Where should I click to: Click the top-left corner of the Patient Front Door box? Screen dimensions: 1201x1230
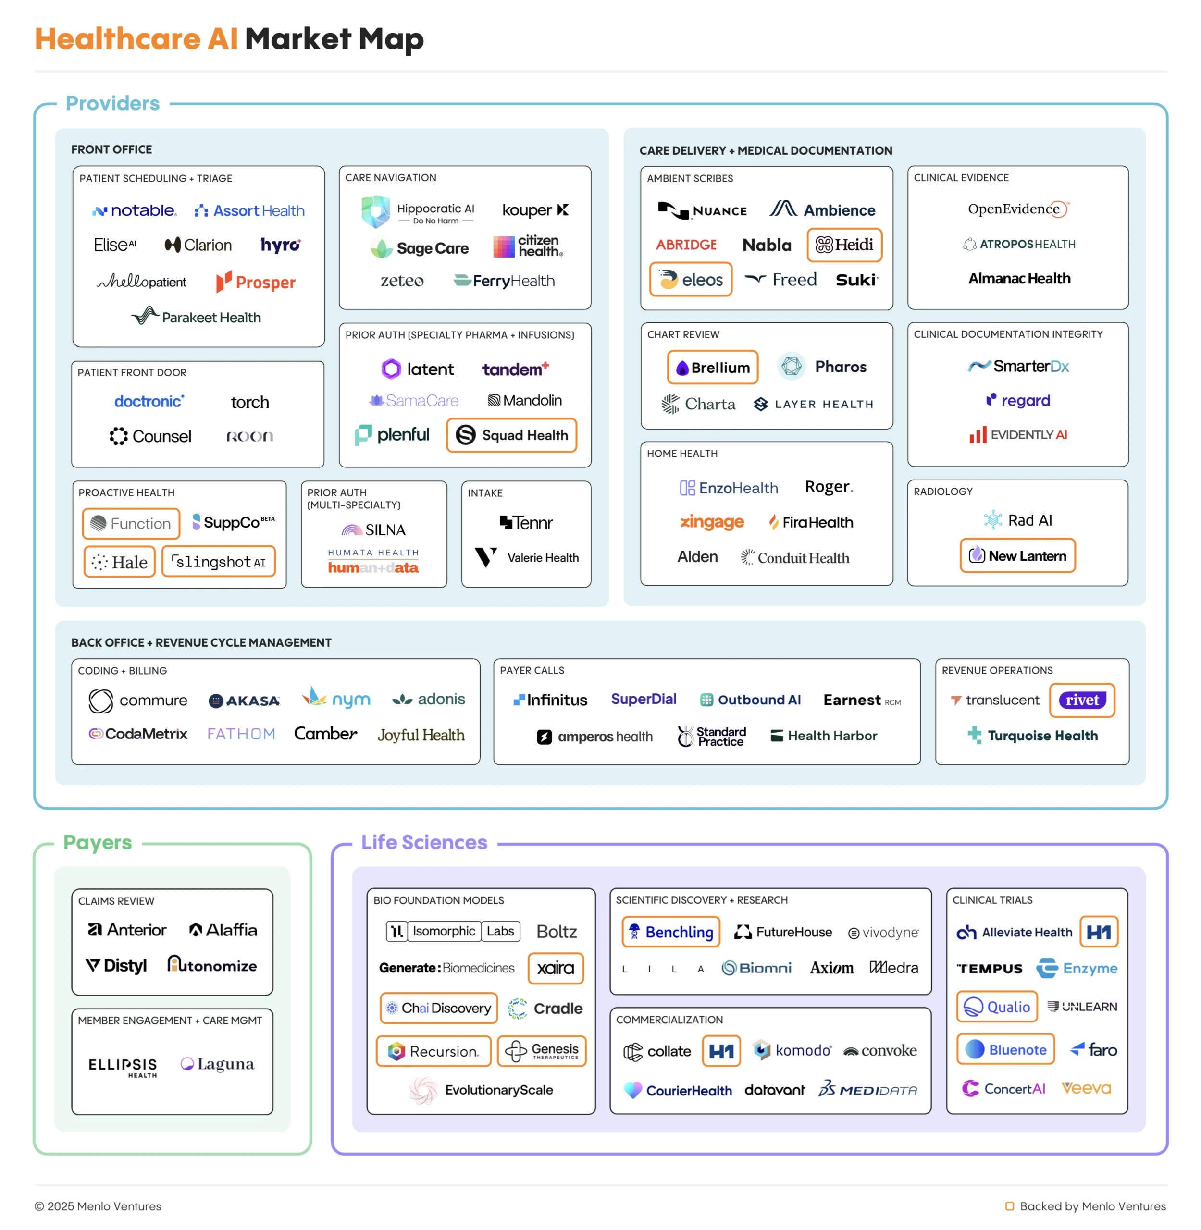coord(72,361)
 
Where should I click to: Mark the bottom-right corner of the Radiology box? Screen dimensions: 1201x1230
coord(1128,586)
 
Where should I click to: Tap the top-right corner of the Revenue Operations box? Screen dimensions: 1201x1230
coord(1129,659)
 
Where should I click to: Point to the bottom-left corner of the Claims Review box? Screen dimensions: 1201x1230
coord(72,996)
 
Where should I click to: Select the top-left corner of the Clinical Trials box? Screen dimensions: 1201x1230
coord(947,889)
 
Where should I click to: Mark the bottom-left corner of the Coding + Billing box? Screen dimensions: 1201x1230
coord(72,765)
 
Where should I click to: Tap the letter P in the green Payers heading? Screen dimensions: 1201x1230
coord(70,843)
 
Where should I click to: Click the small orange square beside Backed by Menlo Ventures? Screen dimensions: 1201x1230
coord(1009,1206)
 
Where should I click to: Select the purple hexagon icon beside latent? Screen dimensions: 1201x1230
coord(391,369)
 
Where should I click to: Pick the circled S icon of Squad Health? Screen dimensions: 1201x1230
coord(466,435)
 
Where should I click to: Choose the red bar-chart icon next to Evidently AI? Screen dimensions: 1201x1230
coord(978,435)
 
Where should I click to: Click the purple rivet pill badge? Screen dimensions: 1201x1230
coord(1082,700)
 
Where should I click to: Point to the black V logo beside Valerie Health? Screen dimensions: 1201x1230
coord(486,557)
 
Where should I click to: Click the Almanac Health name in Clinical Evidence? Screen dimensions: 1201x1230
coord(1019,278)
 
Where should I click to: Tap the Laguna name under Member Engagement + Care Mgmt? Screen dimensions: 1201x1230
coord(226,1064)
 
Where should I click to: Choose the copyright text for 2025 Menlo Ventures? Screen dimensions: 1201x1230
coord(98,1206)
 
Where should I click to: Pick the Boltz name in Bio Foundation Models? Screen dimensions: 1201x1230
coord(557,932)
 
